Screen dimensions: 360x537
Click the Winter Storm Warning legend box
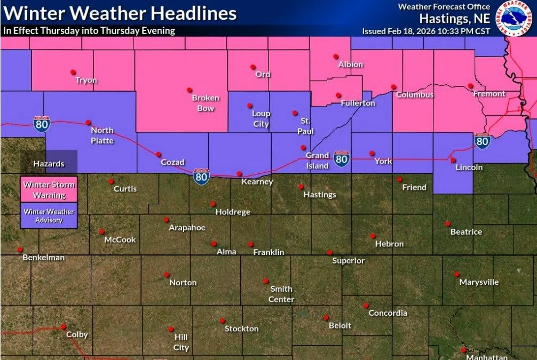click(x=49, y=189)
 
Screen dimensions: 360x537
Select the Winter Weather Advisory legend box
click(x=49, y=216)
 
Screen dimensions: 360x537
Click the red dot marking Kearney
click(x=239, y=174)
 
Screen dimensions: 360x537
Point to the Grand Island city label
click(x=317, y=161)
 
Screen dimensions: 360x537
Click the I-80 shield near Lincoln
click(x=482, y=141)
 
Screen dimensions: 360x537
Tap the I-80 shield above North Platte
click(x=42, y=124)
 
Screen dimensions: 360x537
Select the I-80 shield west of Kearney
click(x=201, y=177)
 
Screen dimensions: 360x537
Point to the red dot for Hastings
click(x=301, y=187)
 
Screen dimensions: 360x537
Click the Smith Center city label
click(x=281, y=294)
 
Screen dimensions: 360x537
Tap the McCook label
click(x=120, y=240)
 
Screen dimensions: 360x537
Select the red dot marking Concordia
click(x=366, y=306)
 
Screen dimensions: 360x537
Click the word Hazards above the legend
click(x=49, y=164)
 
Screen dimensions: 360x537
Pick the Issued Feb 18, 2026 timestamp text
click(x=426, y=31)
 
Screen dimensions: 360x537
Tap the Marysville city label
click(x=479, y=282)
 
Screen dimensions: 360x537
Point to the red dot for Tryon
click(x=73, y=72)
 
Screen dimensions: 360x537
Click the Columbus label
click(x=415, y=95)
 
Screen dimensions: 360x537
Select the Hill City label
click(x=181, y=342)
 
